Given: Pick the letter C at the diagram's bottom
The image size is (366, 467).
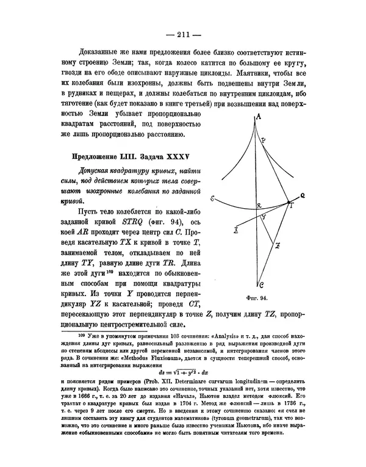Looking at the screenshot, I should click(260, 285).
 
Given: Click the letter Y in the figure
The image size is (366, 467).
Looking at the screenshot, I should click(263, 217).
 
